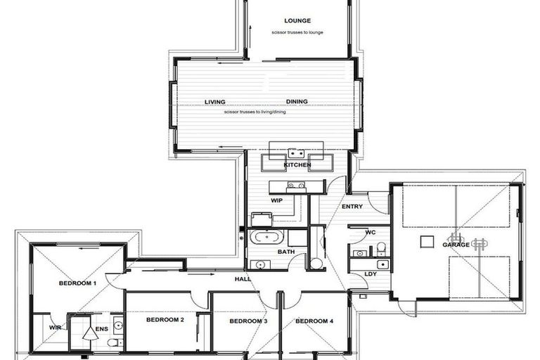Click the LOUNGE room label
tap(297, 21)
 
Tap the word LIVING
tap(215, 102)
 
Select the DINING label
tap(297, 102)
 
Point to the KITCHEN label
tap(297, 165)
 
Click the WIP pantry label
tap(277, 200)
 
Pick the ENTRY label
tap(352, 207)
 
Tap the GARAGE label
tap(456, 245)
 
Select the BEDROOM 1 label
tap(77, 283)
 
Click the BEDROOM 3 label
tap(248, 321)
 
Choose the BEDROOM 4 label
tap(314, 321)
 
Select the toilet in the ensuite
tap(113, 343)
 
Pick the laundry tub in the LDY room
tap(382, 264)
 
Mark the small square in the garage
tap(427, 241)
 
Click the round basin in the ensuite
tap(118, 326)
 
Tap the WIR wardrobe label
tap(55, 328)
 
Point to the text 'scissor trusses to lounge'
tap(297, 33)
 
